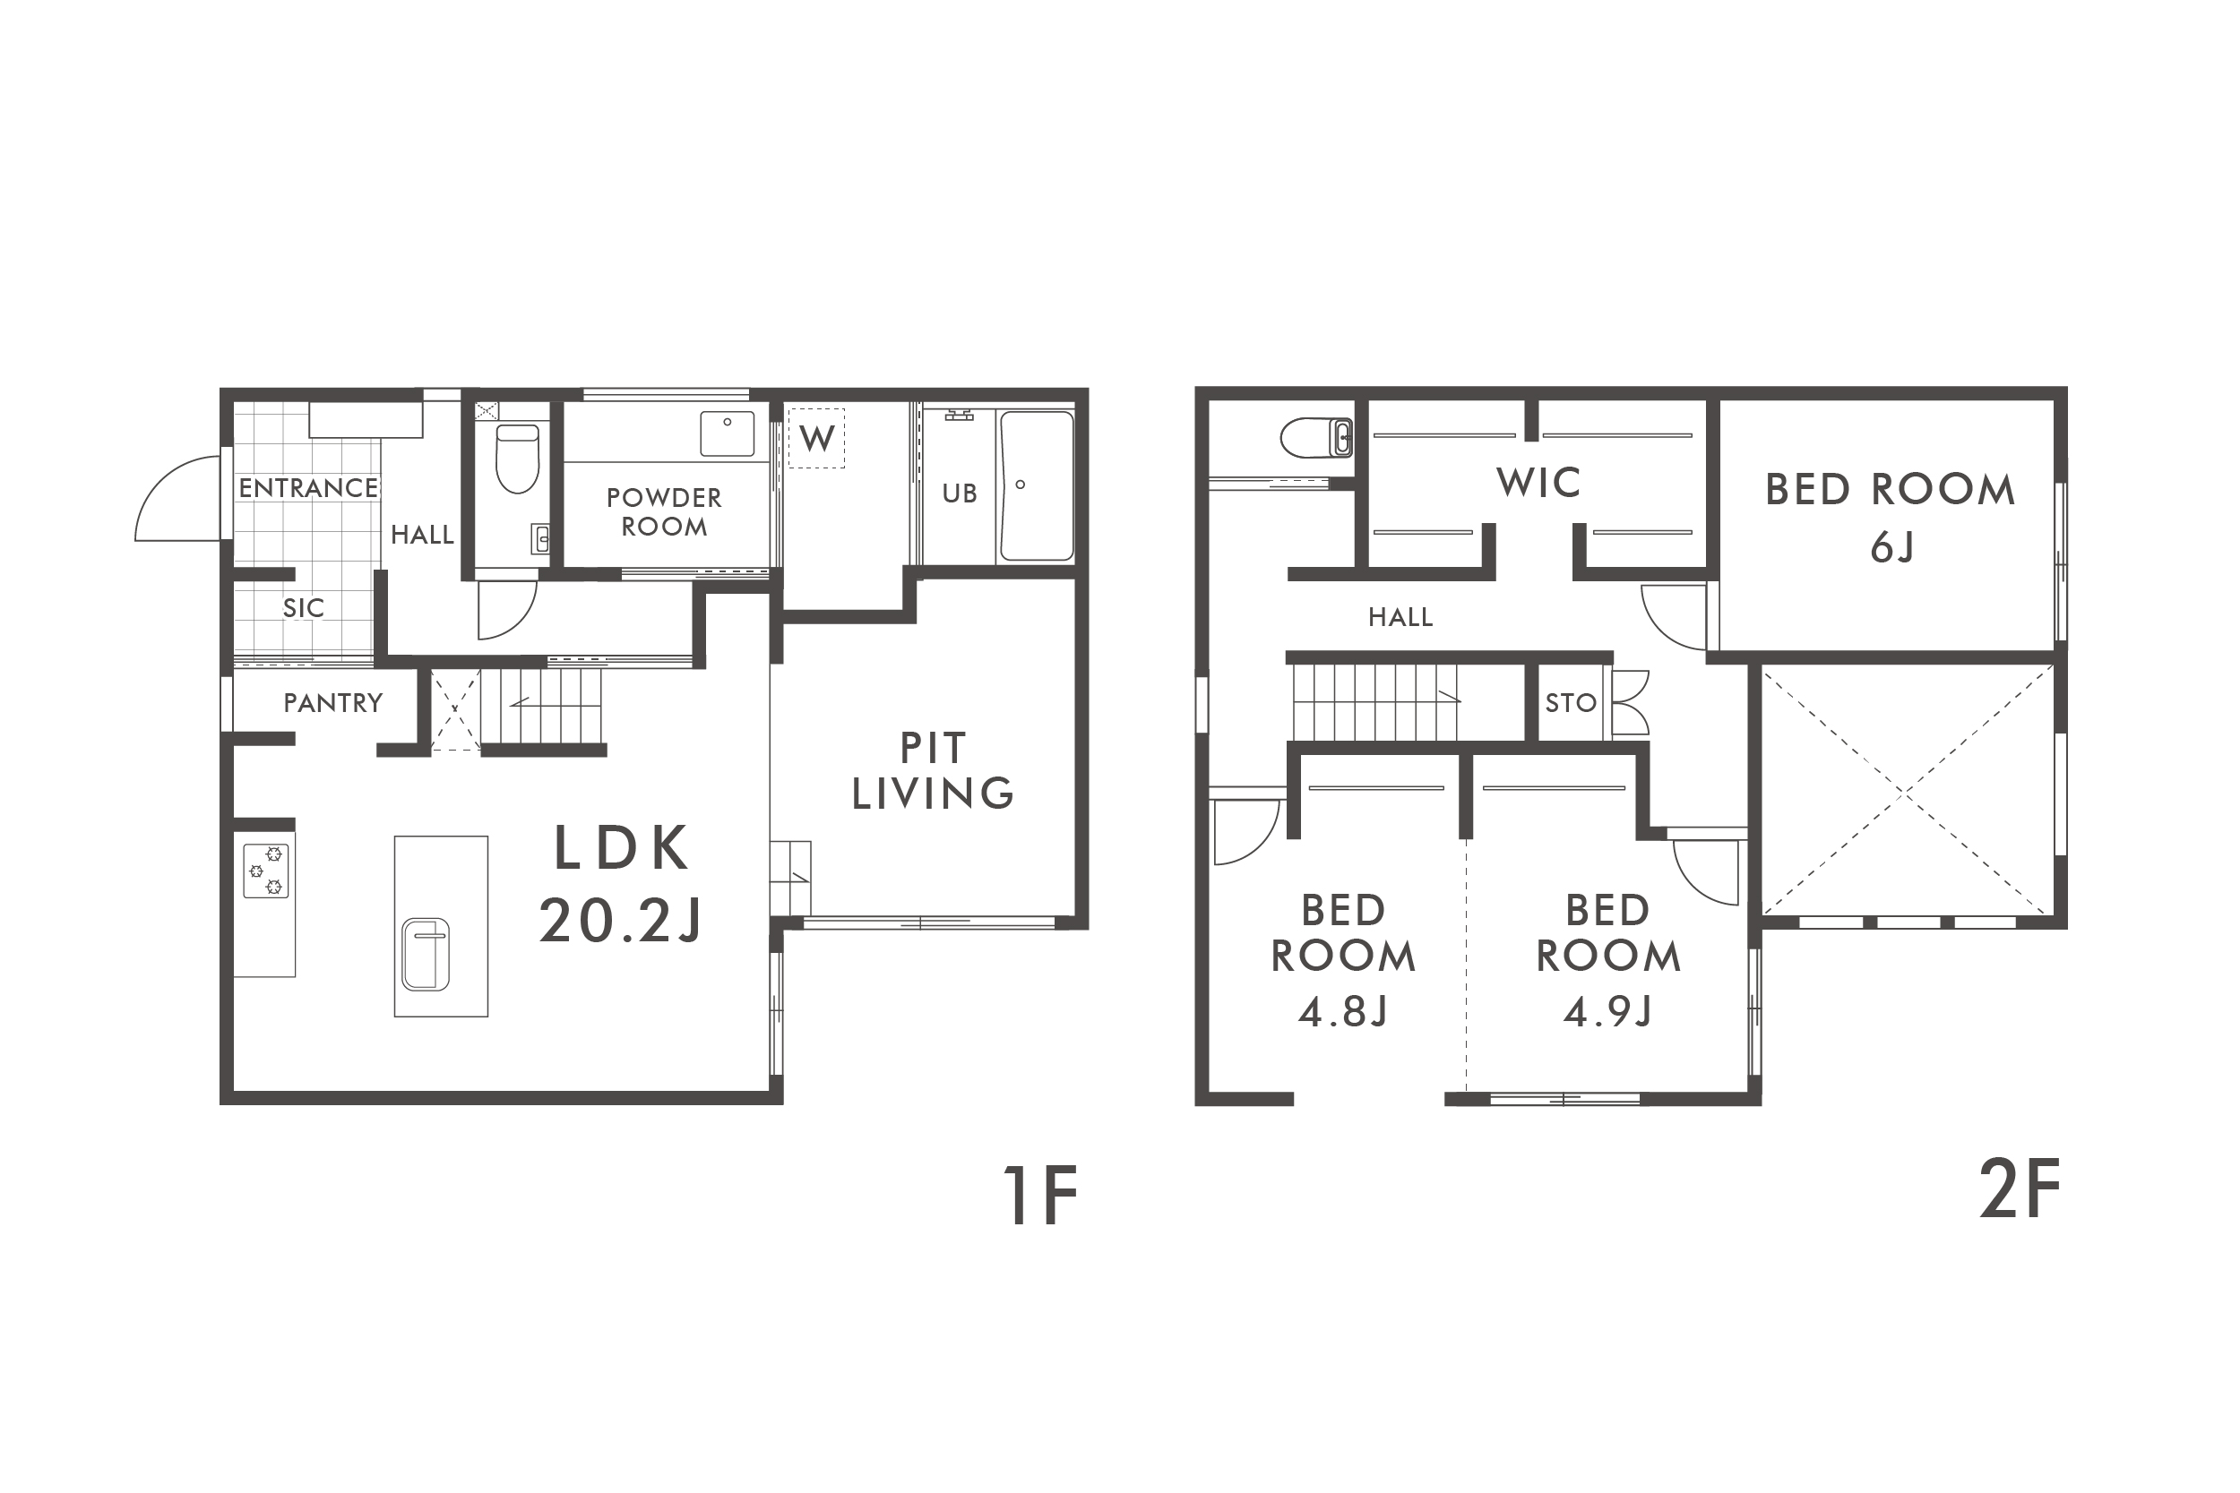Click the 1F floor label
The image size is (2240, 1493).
click(x=1040, y=1196)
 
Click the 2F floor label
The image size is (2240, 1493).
click(x=2019, y=1190)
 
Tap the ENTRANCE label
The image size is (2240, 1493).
click(x=308, y=488)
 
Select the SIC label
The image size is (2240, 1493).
click(x=304, y=607)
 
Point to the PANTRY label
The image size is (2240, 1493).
click(x=333, y=703)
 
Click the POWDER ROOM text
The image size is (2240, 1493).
click(x=665, y=512)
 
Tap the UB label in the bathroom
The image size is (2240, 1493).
click(x=959, y=493)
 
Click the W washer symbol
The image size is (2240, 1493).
click(x=817, y=439)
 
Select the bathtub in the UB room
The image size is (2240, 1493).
click(x=1036, y=485)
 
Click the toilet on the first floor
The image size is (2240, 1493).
click(x=517, y=459)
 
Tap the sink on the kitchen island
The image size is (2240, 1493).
click(x=426, y=954)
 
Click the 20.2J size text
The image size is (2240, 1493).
click(x=621, y=921)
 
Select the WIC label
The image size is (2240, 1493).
click(x=1539, y=483)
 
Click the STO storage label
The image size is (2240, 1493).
click(x=1571, y=703)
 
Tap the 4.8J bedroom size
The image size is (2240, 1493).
click(x=1343, y=1012)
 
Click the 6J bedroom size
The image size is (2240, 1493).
click(x=1891, y=548)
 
